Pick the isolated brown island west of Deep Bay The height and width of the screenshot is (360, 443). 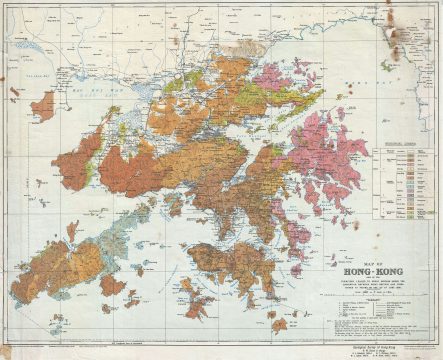tap(42, 104)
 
